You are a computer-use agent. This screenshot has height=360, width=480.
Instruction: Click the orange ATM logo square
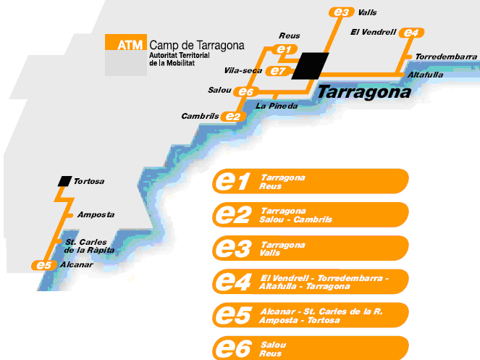(125, 43)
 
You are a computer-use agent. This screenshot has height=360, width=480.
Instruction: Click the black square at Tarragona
(311, 64)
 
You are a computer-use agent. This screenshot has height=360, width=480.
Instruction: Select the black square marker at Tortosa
(64, 180)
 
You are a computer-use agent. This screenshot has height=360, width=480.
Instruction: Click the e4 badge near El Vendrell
(411, 33)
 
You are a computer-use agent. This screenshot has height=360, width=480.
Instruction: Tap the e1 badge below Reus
(285, 49)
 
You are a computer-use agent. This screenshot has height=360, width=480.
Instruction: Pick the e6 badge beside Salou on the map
(245, 92)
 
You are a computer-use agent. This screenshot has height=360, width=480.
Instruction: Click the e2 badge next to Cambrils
(232, 116)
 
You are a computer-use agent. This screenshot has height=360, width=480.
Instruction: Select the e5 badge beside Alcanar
(44, 265)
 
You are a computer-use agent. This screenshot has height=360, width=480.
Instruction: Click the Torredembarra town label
(447, 56)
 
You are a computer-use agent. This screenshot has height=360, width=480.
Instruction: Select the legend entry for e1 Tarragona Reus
(311, 181)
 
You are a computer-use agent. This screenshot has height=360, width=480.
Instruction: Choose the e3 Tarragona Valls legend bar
(311, 248)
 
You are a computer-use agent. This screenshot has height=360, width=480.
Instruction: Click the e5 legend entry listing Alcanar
(311, 316)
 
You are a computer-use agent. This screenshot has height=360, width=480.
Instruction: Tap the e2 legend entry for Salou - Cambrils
(311, 215)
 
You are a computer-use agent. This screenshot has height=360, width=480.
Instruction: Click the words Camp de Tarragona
(197, 44)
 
